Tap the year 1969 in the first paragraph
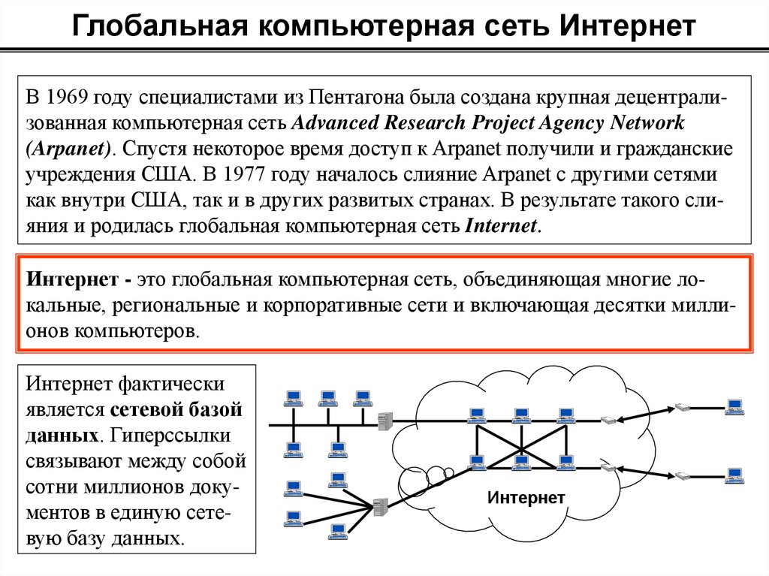[x=68, y=98]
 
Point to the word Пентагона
[x=359, y=98]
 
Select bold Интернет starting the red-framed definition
[x=70, y=280]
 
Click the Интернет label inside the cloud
[x=526, y=497]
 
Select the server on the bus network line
[x=385, y=421]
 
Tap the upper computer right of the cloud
[x=734, y=406]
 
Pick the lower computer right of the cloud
[x=734, y=475]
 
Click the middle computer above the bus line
[x=327, y=397]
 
